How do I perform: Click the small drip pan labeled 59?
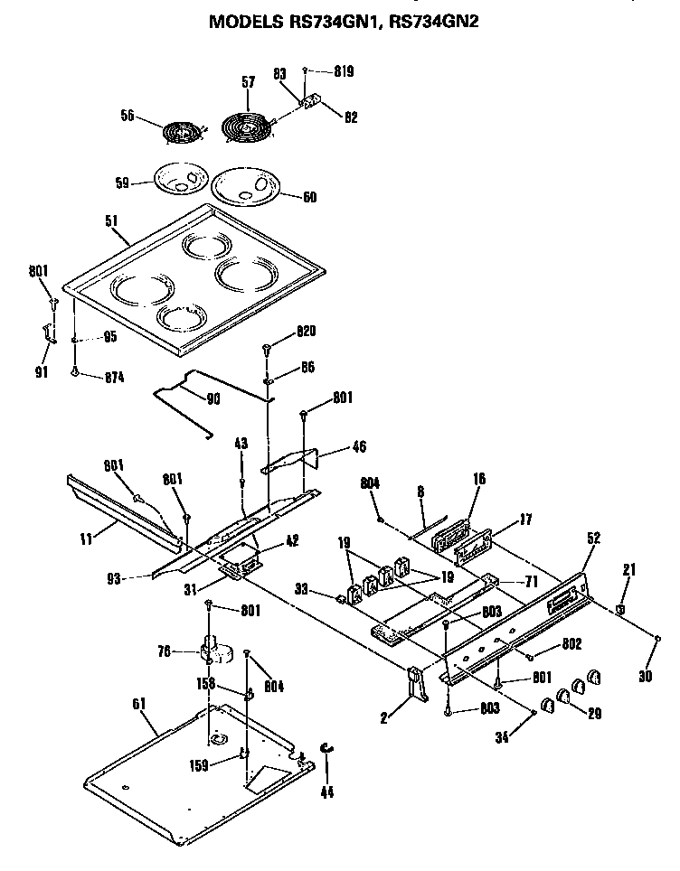click(178, 178)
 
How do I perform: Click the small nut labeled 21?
click(620, 608)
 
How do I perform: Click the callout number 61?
click(137, 704)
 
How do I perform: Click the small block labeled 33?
click(342, 596)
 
